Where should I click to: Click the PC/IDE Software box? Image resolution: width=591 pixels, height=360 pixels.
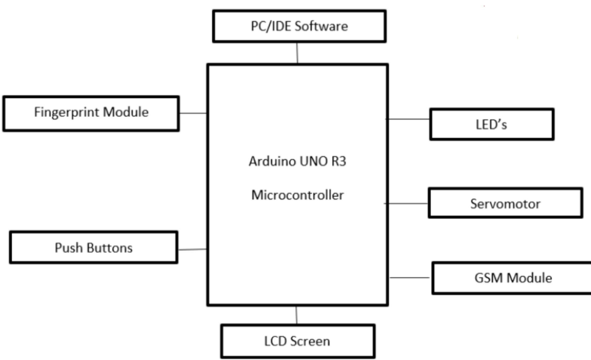click(x=299, y=26)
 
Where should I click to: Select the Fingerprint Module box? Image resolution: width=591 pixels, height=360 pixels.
click(x=91, y=113)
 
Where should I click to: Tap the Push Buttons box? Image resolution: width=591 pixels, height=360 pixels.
click(x=94, y=247)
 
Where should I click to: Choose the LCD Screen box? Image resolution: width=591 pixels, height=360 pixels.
click(x=298, y=341)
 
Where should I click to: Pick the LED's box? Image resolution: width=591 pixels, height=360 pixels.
click(x=492, y=124)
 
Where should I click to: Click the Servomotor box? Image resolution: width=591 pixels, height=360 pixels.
click(x=505, y=203)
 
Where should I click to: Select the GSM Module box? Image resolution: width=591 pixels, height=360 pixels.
click(x=513, y=278)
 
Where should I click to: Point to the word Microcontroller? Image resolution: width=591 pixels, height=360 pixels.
click(x=297, y=195)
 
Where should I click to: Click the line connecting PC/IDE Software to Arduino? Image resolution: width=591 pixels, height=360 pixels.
click(x=297, y=53)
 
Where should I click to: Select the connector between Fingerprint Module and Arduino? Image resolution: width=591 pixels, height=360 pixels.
click(x=193, y=113)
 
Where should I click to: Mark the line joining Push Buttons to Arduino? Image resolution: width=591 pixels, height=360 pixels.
click(x=192, y=249)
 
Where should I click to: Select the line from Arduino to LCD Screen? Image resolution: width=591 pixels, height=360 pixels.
click(x=296, y=315)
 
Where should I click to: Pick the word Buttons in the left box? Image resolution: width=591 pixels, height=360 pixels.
click(x=109, y=248)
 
